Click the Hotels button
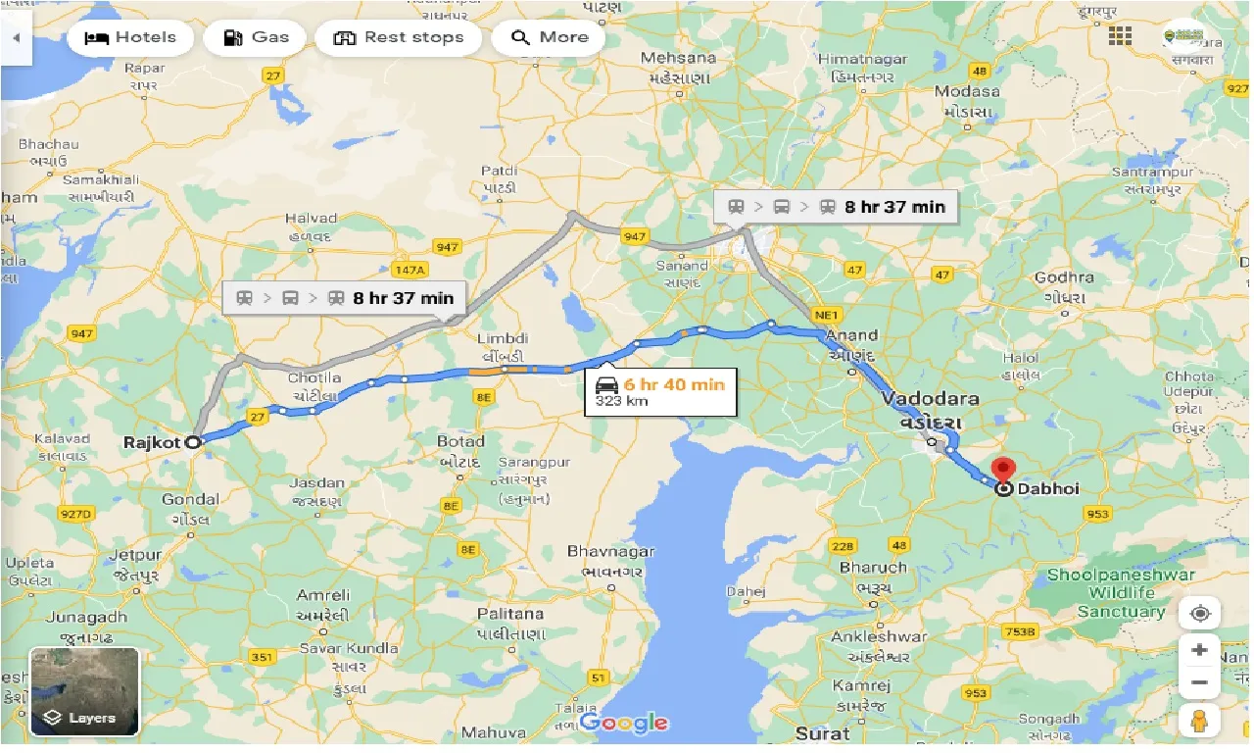click(130, 38)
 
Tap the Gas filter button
click(255, 38)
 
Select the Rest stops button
click(398, 38)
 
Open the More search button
click(548, 38)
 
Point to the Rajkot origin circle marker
click(193, 442)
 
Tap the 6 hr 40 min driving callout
click(660, 391)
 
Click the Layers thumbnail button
click(85, 691)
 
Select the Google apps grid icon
click(1120, 37)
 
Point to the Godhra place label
click(1064, 277)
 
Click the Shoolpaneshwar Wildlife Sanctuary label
click(1121, 592)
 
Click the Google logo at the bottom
click(623, 723)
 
